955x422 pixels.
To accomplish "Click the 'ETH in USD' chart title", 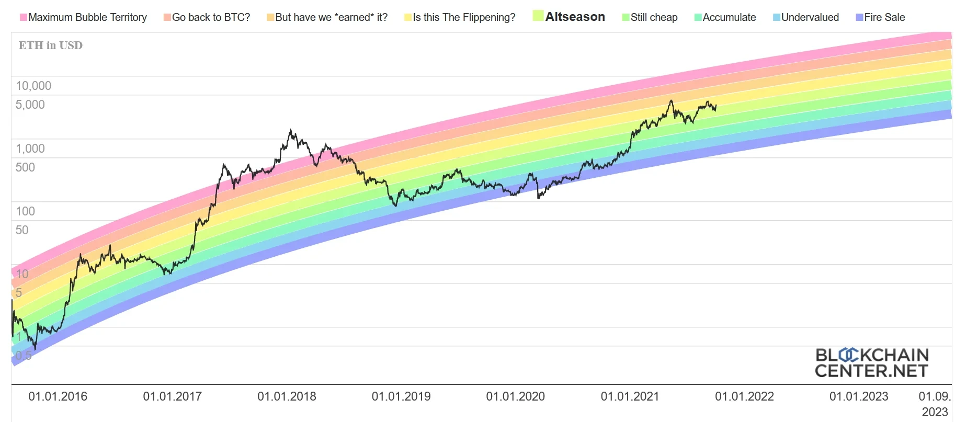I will pos(51,45).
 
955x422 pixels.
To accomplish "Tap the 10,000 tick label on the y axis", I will pos(33,86).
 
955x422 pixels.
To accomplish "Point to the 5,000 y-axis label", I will pos(30,105).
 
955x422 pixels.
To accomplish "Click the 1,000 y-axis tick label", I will pos(30,149).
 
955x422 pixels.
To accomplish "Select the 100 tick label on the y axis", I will pos(25,211).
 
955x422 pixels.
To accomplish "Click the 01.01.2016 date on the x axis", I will pos(58,396).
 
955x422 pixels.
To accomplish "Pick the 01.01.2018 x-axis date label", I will pos(287,396).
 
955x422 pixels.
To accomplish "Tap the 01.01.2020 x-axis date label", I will pos(515,396).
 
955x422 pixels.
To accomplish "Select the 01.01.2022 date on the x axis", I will pos(744,396).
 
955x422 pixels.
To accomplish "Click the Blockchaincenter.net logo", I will pos(871,363).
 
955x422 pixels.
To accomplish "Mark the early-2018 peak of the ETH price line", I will pos(290,130).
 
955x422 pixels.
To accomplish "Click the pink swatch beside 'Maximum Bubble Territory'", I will pos(23,17).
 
